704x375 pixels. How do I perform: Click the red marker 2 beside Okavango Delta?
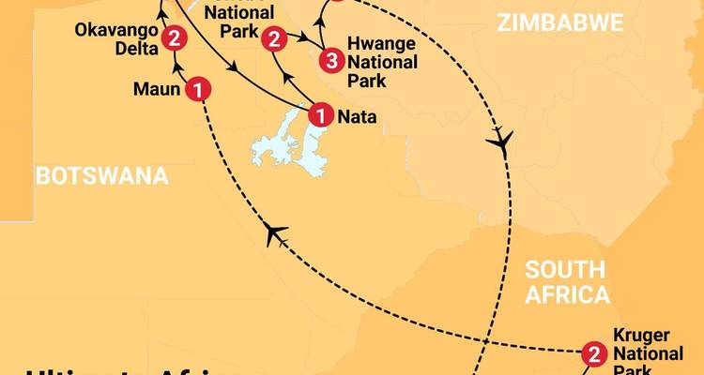(173, 38)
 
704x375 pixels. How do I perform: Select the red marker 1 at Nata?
(321, 116)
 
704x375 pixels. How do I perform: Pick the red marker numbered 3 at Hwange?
(330, 62)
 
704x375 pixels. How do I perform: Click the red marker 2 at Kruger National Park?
(593, 353)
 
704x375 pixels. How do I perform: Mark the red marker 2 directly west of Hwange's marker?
(274, 38)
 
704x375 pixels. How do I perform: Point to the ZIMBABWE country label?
(561, 23)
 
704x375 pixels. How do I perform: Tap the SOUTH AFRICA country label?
(567, 282)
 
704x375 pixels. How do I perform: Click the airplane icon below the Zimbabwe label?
(502, 142)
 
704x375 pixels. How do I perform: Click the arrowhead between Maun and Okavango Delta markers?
(176, 66)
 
